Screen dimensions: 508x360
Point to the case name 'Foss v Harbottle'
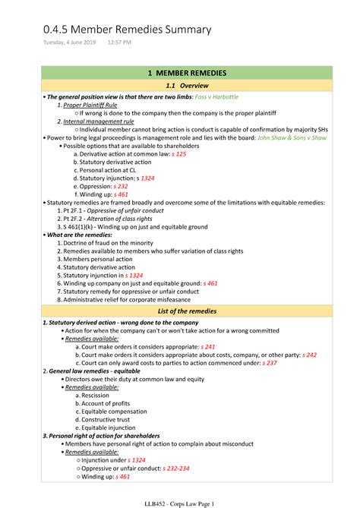coord(218,97)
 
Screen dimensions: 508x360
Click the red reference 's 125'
coord(179,154)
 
